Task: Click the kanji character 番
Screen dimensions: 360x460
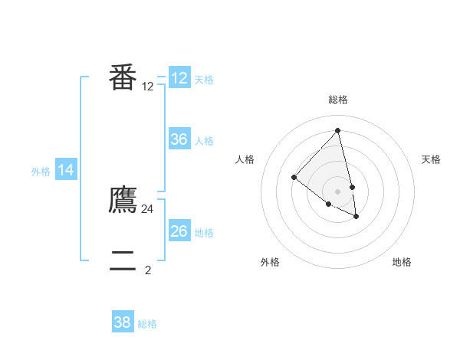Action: (x=123, y=77)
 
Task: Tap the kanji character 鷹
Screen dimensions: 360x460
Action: (x=123, y=200)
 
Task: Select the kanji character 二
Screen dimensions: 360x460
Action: (x=123, y=261)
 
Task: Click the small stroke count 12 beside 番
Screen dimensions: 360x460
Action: (x=148, y=87)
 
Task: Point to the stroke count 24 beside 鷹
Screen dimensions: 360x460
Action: (x=148, y=208)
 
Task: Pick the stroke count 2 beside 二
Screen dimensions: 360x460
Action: (x=148, y=270)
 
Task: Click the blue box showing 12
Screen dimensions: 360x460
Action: (x=179, y=78)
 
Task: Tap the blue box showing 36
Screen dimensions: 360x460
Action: (x=179, y=139)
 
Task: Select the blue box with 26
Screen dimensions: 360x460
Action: (x=179, y=231)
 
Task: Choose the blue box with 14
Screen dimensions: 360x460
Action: (x=66, y=170)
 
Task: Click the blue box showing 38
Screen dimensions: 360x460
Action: (x=123, y=322)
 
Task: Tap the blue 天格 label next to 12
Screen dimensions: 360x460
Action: (x=204, y=79)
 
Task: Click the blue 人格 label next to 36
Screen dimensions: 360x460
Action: (x=204, y=141)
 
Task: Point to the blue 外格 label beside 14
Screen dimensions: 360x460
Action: (x=41, y=172)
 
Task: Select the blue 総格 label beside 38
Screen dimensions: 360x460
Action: (x=147, y=324)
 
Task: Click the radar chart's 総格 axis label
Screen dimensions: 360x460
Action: (x=337, y=100)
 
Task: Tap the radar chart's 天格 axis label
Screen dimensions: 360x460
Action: (x=431, y=159)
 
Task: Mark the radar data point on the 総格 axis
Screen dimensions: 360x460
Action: (x=337, y=131)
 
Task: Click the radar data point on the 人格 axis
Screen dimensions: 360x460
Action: (x=294, y=178)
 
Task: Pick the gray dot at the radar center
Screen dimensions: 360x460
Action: (x=337, y=191)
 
